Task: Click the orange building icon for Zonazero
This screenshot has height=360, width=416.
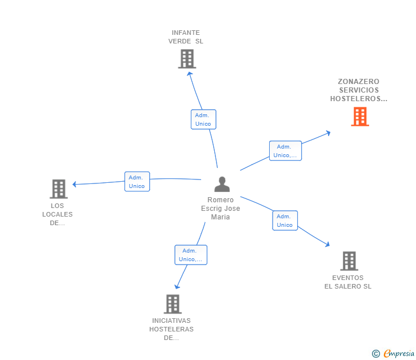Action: click(x=359, y=117)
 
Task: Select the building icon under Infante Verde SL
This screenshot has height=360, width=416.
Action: click(x=186, y=58)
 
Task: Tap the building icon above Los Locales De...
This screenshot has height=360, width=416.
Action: click(x=58, y=189)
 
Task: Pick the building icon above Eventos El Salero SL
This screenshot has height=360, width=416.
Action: click(x=349, y=261)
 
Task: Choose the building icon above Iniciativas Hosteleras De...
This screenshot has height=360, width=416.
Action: click(x=172, y=303)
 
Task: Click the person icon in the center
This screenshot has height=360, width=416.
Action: click(x=222, y=184)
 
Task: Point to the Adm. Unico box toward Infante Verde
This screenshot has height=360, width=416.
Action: click(x=203, y=119)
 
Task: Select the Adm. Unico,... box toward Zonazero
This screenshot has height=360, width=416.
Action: click(x=285, y=151)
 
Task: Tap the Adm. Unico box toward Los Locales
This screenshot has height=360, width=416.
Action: click(x=137, y=182)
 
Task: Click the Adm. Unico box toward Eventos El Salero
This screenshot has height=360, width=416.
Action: click(x=285, y=221)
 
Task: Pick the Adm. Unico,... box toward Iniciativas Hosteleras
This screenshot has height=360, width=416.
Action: click(x=190, y=255)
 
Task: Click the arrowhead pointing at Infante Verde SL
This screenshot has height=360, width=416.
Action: click(x=189, y=73)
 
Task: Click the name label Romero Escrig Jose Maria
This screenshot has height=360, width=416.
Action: click(x=221, y=209)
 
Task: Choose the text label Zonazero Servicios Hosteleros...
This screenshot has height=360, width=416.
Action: click(x=358, y=90)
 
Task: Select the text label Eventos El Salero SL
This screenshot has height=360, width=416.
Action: click(x=347, y=282)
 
